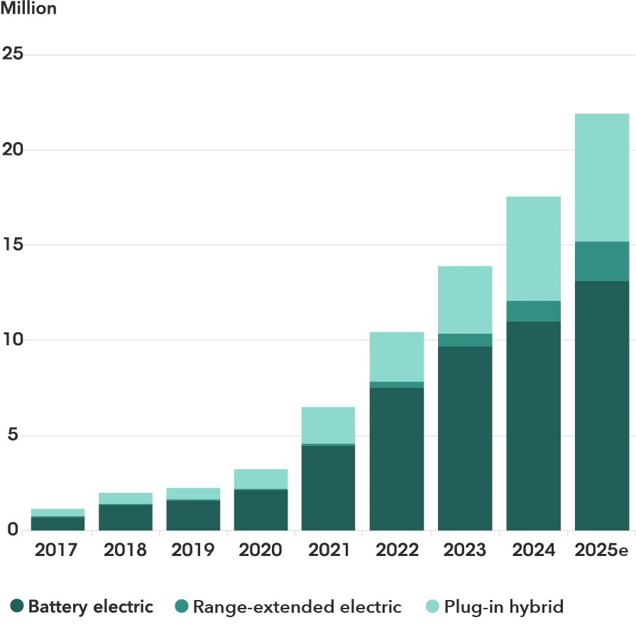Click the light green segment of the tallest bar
point(602,178)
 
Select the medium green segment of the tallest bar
point(602,261)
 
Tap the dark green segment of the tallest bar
point(602,405)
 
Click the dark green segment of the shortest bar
point(57,523)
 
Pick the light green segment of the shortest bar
point(57,511)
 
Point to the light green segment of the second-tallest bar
point(534,247)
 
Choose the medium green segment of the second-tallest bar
point(534,311)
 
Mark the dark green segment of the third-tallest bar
point(466,437)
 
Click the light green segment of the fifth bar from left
point(329,424)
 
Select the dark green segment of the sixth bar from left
point(397,458)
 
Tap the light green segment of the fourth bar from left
point(261,478)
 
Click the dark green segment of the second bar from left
point(125,517)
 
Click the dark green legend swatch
point(18,606)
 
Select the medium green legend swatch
point(182,606)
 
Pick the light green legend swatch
point(432,606)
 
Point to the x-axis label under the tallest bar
point(602,549)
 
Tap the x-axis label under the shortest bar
point(57,549)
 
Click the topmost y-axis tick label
point(11,54)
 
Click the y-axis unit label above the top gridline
point(28,9)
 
